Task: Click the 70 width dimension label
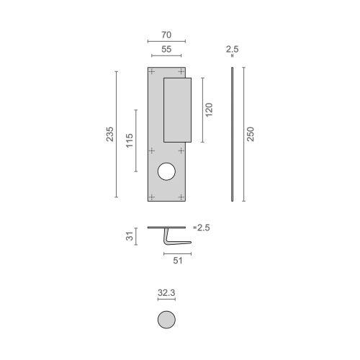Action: click(x=166, y=33)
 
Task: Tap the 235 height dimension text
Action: click(x=110, y=134)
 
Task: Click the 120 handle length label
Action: click(x=210, y=109)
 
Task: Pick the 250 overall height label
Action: click(x=251, y=134)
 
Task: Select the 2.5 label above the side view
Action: click(x=231, y=50)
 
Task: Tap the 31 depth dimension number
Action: click(x=130, y=235)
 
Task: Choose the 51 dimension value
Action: click(x=177, y=261)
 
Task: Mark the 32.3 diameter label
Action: click(x=166, y=294)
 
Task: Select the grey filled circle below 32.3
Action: click(x=166, y=320)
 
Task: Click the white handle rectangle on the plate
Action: click(x=177, y=109)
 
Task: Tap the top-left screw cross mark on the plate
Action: click(x=152, y=72)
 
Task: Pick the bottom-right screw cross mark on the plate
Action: click(x=181, y=195)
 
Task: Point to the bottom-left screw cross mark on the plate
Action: click(x=152, y=195)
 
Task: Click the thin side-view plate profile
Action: click(x=232, y=134)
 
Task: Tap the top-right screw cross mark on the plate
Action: click(x=181, y=72)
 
